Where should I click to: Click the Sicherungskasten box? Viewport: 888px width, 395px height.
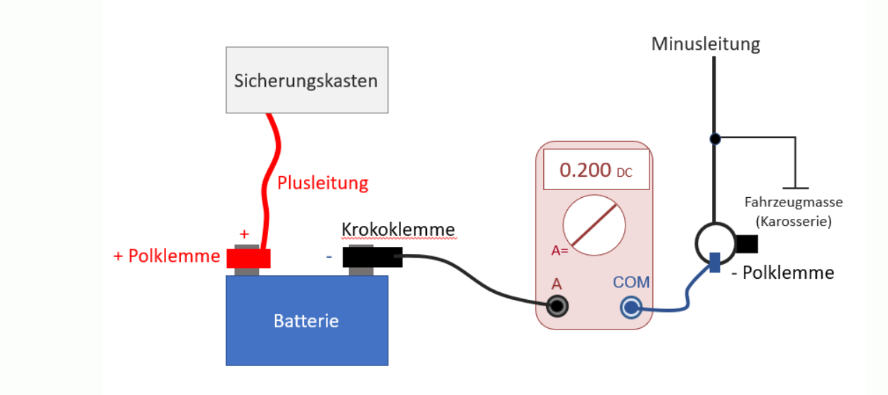[x=306, y=80]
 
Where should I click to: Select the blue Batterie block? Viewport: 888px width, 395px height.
[x=306, y=320]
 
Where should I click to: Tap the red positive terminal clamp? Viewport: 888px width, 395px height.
[x=248, y=258]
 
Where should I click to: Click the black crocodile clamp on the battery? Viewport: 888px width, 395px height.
[x=372, y=257]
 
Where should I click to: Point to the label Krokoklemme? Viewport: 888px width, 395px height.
[x=398, y=230]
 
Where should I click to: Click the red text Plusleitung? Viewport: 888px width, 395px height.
[x=322, y=183]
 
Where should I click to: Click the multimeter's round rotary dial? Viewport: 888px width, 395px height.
[x=594, y=225]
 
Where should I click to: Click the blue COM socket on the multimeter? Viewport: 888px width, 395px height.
[x=630, y=307]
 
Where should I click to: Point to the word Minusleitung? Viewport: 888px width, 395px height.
[x=705, y=44]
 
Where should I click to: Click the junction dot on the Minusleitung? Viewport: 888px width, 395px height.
[x=715, y=139]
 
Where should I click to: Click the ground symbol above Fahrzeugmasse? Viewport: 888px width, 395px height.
[x=795, y=187]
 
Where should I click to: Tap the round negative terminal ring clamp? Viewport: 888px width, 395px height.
[x=715, y=243]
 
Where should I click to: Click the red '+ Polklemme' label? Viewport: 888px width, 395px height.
[x=167, y=256]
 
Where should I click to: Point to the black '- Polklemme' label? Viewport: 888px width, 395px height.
[x=782, y=272]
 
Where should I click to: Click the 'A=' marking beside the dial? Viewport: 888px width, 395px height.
[x=560, y=250]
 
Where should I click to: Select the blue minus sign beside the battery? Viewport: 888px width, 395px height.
[x=329, y=256]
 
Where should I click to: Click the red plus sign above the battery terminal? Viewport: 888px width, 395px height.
[x=244, y=234]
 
